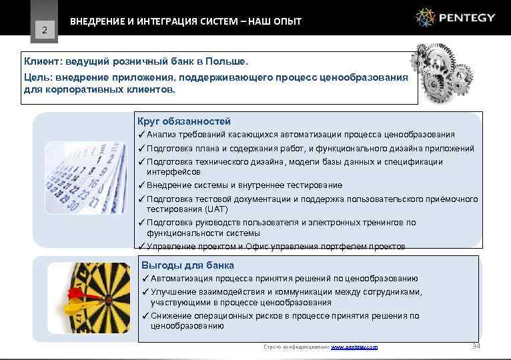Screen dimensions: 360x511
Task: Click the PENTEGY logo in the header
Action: click(456, 17)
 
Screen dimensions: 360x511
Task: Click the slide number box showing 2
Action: click(45, 29)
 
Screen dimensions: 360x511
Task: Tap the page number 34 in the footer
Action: click(476, 346)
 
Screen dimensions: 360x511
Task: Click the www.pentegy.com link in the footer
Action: click(354, 347)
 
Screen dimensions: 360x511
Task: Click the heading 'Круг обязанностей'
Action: click(183, 121)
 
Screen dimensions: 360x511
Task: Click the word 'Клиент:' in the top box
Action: click(45, 61)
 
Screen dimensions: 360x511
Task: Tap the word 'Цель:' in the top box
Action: click(39, 77)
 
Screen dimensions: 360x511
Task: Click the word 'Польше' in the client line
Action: click(227, 61)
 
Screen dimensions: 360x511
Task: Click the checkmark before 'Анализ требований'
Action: click(141, 135)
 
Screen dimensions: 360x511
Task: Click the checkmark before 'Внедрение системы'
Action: click(141, 185)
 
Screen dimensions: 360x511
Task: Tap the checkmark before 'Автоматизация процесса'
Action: click(145, 279)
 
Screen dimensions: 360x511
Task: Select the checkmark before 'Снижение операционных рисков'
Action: click(145, 316)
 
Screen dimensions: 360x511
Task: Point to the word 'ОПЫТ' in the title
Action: click(288, 21)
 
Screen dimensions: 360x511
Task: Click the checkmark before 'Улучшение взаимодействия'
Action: click(145, 292)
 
